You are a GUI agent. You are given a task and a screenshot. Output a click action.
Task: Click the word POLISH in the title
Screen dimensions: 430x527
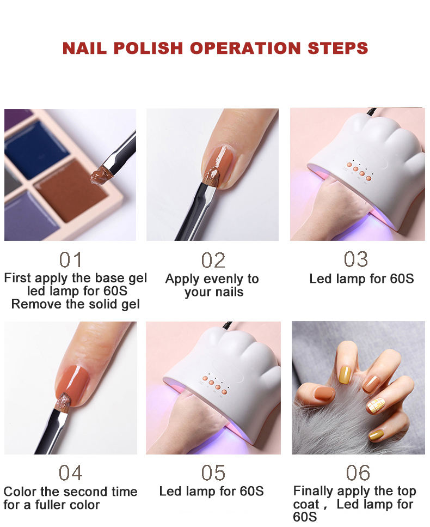pyautogui.click(x=148, y=48)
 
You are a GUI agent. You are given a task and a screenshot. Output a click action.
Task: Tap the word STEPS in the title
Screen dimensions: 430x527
pyautogui.click(x=337, y=48)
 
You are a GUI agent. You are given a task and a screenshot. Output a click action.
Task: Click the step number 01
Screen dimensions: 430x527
pyautogui.click(x=71, y=260)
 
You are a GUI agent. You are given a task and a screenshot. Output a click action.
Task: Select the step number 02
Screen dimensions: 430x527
pyautogui.click(x=213, y=261)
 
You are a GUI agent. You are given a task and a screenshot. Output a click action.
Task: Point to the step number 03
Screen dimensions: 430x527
pyautogui.click(x=356, y=259)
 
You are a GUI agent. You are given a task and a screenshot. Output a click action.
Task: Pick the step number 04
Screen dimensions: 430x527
pyautogui.click(x=71, y=473)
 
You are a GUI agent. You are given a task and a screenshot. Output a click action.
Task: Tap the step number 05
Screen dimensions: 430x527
pyautogui.click(x=213, y=473)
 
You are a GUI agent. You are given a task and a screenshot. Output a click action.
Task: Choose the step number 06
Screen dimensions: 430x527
pyautogui.click(x=358, y=473)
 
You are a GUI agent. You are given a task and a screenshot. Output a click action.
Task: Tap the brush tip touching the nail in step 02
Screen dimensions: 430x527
pyautogui.click(x=212, y=177)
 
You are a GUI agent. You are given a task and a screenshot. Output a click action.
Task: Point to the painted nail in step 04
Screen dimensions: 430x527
pyautogui.click(x=73, y=385)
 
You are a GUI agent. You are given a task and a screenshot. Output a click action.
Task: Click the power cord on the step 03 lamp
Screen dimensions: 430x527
pyautogui.click(x=372, y=112)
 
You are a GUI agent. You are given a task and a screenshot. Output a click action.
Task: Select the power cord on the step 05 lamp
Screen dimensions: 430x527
pyautogui.click(x=228, y=325)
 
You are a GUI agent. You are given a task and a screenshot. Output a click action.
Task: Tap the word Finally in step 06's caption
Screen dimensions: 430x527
pyautogui.click(x=314, y=492)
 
